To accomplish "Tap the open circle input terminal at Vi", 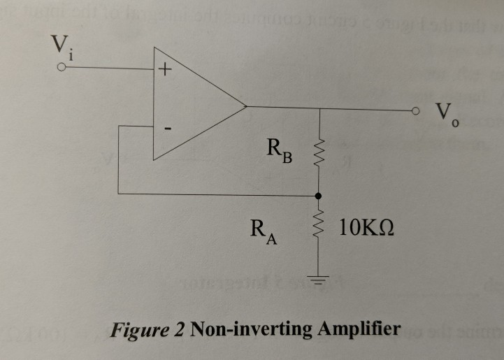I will pos(62,69).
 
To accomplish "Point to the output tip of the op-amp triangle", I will pos(247,108).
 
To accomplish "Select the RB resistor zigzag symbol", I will pos(319,151).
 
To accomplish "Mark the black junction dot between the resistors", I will pos(319,195).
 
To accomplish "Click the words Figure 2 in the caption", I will pos(149,329).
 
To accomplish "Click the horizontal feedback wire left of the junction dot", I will pos(217,194).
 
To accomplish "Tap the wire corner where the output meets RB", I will pos(319,109).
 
